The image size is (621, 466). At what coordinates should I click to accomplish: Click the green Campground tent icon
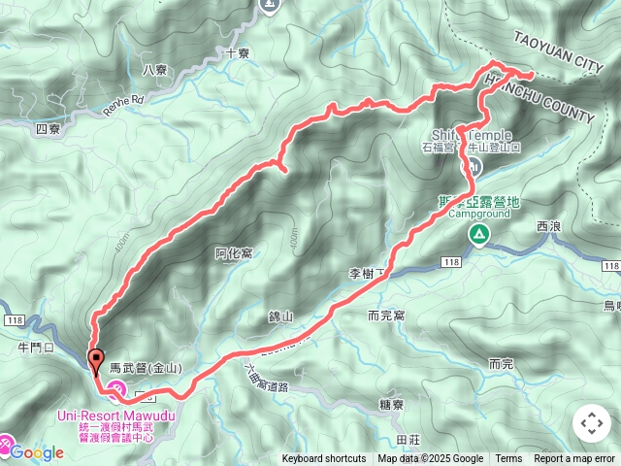478,234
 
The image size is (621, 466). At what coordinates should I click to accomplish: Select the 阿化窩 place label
234,253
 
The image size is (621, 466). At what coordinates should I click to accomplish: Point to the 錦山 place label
280,316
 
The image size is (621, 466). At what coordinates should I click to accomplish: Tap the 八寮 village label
155,69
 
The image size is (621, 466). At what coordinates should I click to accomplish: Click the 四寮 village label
48,127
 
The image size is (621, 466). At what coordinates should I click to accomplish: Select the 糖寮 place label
392,405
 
